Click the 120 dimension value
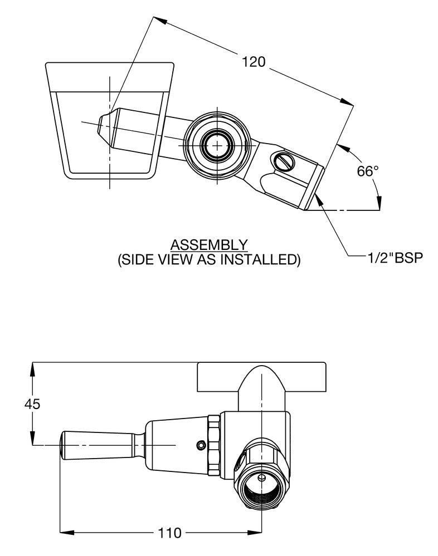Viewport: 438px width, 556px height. click(x=254, y=62)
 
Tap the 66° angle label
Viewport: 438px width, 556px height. click(x=368, y=171)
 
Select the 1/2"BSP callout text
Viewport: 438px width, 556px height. click(x=395, y=258)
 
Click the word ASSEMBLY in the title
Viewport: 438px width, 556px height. click(x=209, y=245)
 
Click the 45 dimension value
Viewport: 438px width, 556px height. click(x=32, y=404)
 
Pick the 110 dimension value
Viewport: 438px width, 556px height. click(x=169, y=533)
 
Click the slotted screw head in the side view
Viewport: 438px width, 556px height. click(x=284, y=161)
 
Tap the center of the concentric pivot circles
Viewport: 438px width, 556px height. click(x=217, y=145)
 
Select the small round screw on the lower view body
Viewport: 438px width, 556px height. click(x=201, y=445)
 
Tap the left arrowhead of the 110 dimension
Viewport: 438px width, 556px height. click(x=67, y=532)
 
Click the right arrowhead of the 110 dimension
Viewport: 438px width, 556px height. click(x=255, y=532)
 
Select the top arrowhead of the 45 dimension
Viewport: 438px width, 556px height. click(x=33, y=370)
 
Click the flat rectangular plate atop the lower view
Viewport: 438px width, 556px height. click(x=261, y=377)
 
